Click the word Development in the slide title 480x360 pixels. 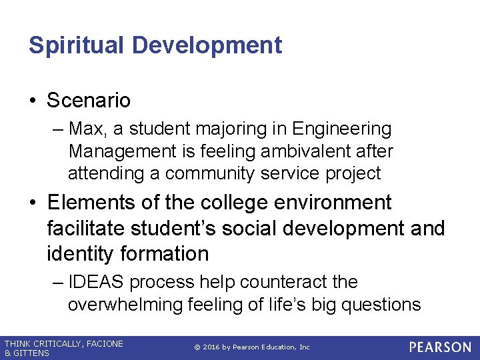[x=207, y=45]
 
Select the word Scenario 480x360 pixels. [x=89, y=101]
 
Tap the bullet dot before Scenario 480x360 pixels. [x=33, y=101]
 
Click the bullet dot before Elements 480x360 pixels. [x=33, y=203]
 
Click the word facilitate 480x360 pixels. [x=89, y=228]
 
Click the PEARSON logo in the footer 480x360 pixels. [x=439, y=347]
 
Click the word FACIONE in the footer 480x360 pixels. [x=103, y=343]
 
